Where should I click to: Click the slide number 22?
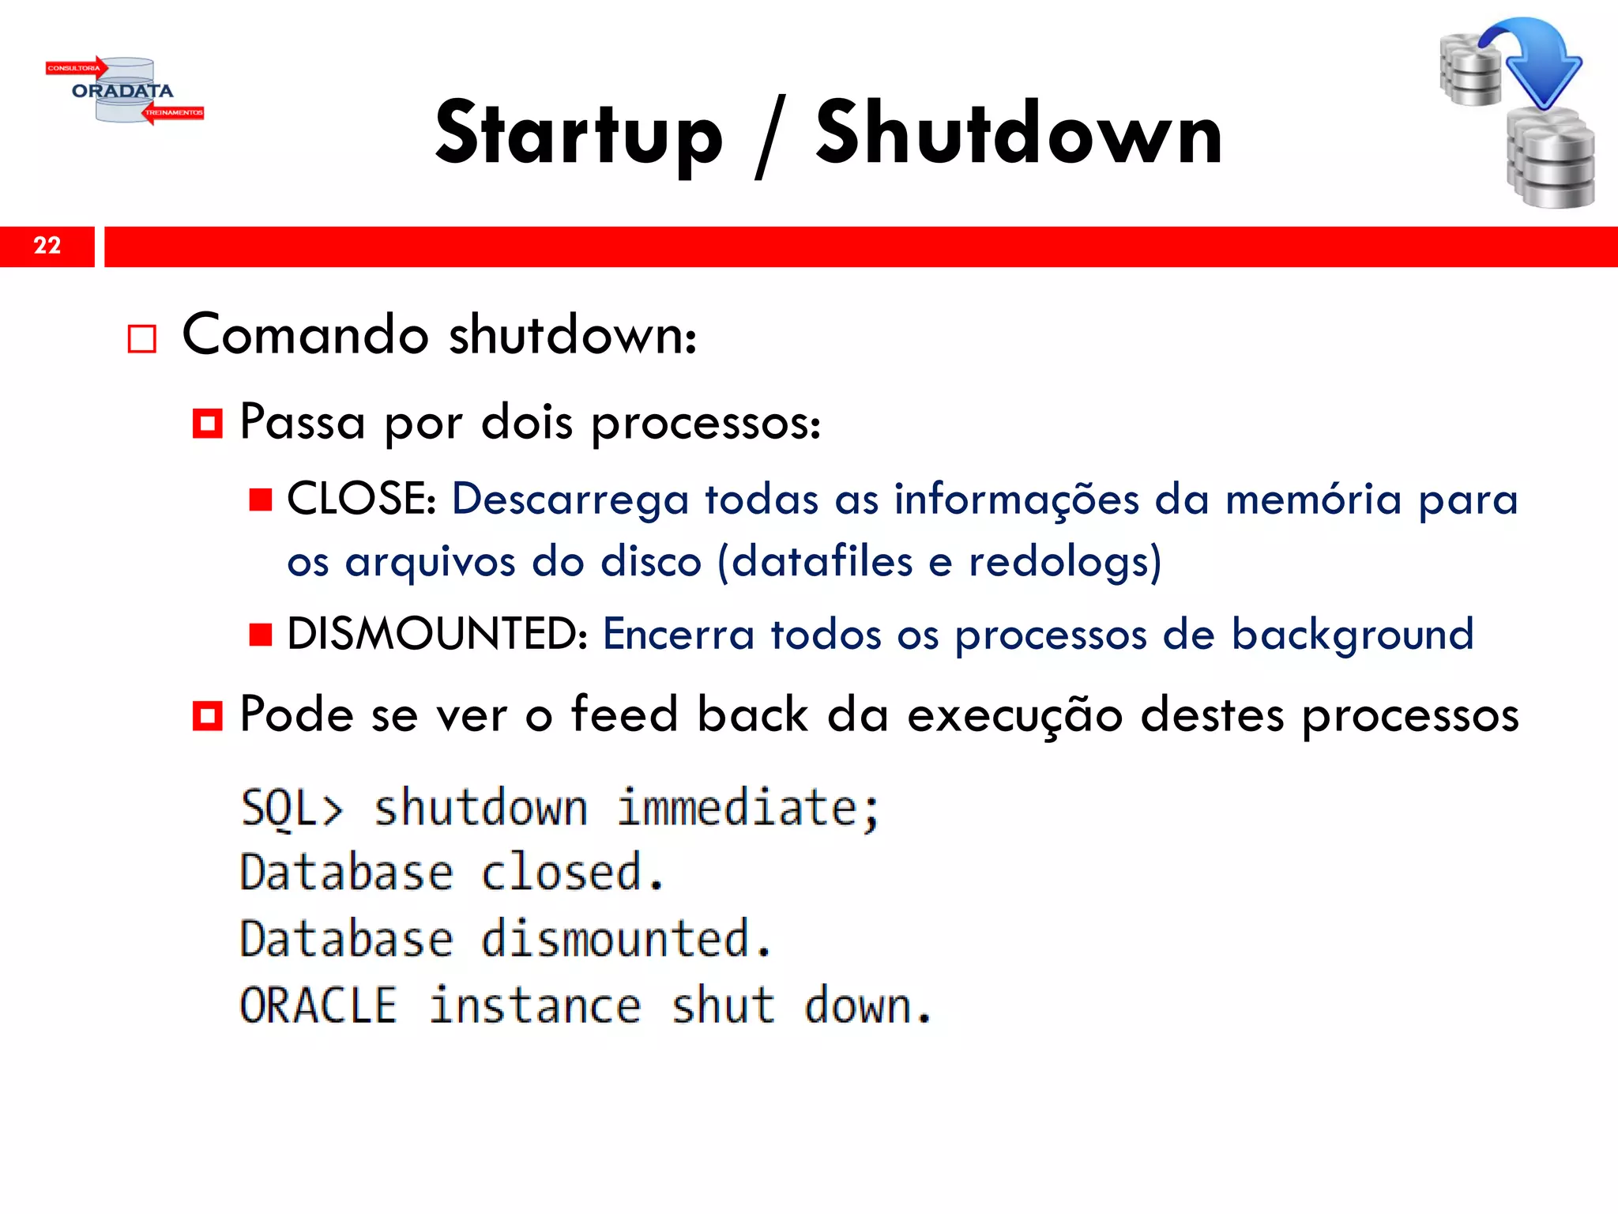pyautogui.click(x=47, y=246)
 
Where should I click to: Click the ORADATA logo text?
pyautogui.click(x=122, y=91)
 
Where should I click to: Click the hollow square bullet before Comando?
pyautogui.click(x=142, y=339)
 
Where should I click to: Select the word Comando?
pyautogui.click(x=306, y=334)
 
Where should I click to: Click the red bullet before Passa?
pyautogui.click(x=207, y=424)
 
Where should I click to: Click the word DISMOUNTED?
pyautogui.click(x=437, y=634)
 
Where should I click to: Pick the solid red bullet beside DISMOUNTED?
pyautogui.click(x=261, y=635)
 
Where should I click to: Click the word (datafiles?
pyautogui.click(x=815, y=562)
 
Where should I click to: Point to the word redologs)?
pyautogui.click(x=1065, y=562)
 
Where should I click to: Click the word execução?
pyautogui.click(x=1014, y=715)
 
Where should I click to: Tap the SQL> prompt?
pyautogui.click(x=292, y=809)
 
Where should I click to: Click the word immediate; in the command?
pyautogui.click(x=748, y=809)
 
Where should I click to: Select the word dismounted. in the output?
pyautogui.click(x=627, y=939)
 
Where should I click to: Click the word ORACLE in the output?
pyautogui.click(x=318, y=1005)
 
